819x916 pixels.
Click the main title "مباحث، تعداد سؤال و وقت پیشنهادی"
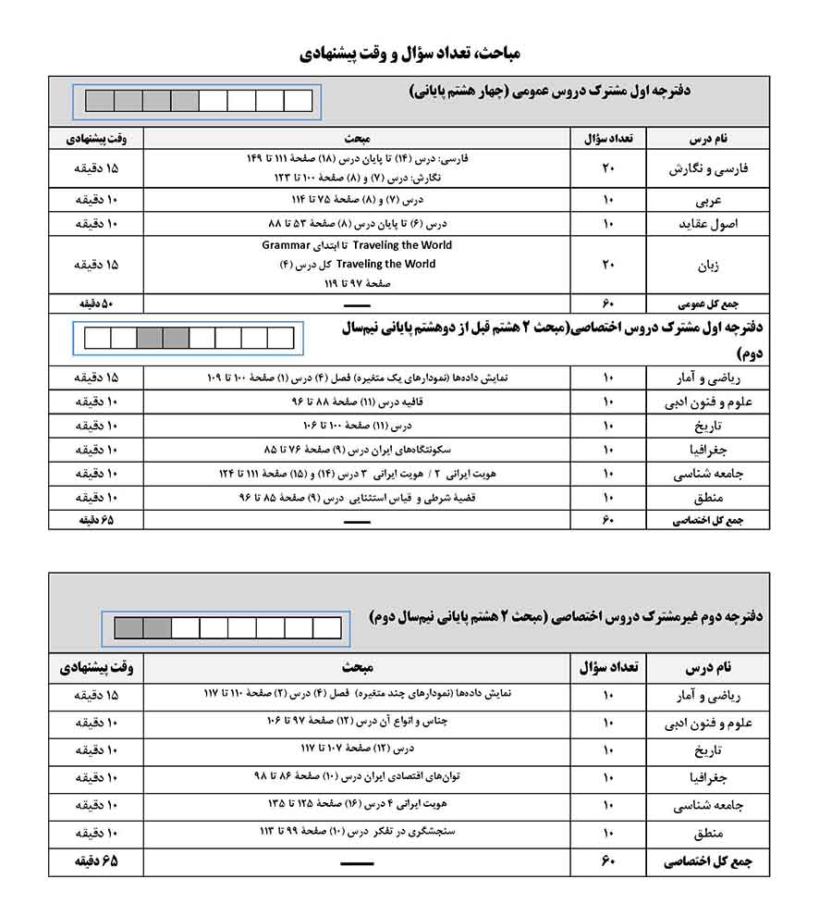point(409,53)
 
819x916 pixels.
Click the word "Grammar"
point(285,246)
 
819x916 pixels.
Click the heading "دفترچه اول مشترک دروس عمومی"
point(549,91)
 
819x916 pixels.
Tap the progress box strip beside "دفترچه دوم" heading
point(228,629)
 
